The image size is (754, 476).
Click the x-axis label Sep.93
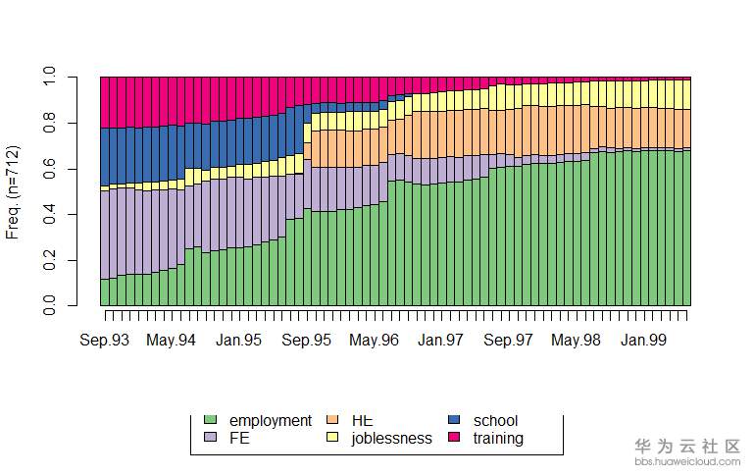click(105, 340)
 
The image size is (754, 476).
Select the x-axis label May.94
click(173, 340)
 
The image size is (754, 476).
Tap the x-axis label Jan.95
click(239, 340)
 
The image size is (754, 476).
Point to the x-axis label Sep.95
click(306, 340)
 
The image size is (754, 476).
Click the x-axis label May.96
click(374, 340)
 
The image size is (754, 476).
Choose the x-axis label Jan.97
click(440, 340)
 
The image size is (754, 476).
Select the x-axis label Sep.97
click(507, 340)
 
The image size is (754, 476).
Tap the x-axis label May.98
click(576, 340)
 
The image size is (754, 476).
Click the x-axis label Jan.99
click(642, 340)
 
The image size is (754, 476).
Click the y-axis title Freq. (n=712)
click(14, 191)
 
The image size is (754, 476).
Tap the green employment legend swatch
click(209, 421)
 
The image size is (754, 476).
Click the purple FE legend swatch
click(209, 438)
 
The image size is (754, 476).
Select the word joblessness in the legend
click(391, 438)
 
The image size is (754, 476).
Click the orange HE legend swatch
click(331, 421)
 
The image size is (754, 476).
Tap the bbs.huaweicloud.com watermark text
click(687, 459)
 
